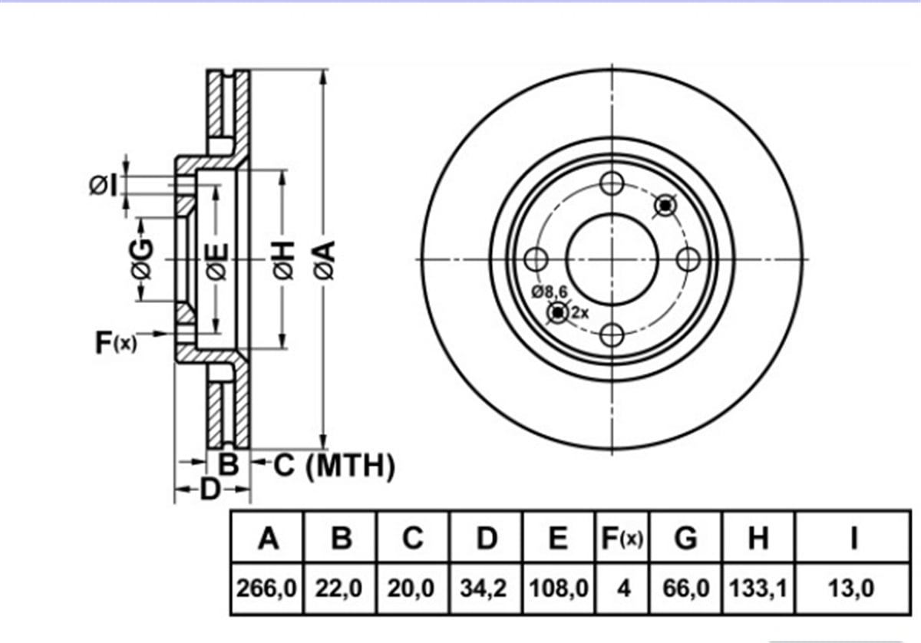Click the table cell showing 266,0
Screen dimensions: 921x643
(266, 589)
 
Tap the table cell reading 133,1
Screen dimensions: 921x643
(758, 589)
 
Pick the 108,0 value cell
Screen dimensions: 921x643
(559, 589)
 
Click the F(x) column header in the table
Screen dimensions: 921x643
(622, 538)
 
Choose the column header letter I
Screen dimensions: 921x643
(854, 538)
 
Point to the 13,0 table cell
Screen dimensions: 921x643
(851, 589)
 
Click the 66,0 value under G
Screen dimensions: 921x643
(686, 589)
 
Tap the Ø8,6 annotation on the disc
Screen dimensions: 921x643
(550, 292)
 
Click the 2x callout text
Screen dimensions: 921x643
(580, 313)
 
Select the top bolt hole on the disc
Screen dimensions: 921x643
(612, 183)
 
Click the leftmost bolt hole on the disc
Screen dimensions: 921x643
(536, 259)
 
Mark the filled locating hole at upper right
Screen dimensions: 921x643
(665, 205)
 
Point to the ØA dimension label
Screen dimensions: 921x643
(325, 261)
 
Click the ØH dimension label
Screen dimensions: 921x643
(284, 261)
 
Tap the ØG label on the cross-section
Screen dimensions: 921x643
(142, 259)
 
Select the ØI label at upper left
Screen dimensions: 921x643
(103, 185)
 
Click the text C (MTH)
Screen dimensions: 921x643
(334, 466)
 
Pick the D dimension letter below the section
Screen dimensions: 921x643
(210, 490)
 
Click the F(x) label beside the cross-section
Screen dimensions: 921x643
(116, 342)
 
